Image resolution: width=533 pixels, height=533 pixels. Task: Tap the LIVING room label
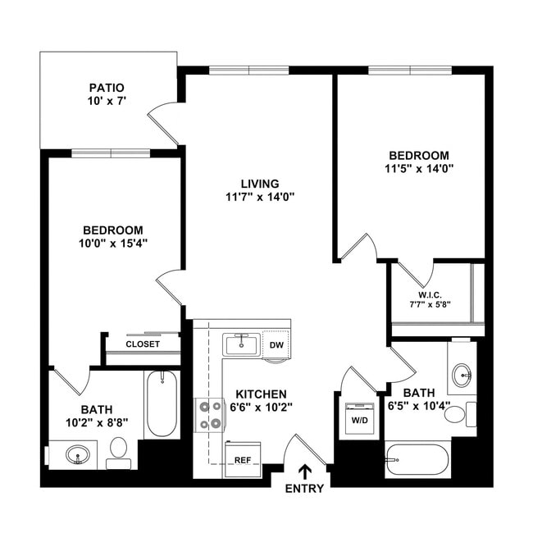click(x=260, y=183)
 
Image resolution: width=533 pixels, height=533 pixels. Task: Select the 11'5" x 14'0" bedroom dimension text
click(x=419, y=170)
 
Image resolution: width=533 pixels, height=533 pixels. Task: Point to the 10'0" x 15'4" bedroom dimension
click(x=112, y=244)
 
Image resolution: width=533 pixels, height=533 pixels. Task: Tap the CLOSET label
click(x=143, y=344)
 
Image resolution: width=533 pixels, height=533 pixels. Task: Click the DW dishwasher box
click(x=276, y=344)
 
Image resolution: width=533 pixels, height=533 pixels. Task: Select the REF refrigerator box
click(x=243, y=460)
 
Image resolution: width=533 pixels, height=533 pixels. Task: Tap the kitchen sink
click(x=242, y=344)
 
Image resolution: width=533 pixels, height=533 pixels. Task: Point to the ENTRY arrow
click(x=305, y=471)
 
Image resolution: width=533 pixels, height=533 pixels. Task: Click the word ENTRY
click(x=305, y=489)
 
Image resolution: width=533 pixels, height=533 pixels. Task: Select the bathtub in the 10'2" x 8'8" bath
click(x=162, y=404)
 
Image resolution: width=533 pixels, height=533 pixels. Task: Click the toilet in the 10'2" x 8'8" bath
click(x=119, y=450)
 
